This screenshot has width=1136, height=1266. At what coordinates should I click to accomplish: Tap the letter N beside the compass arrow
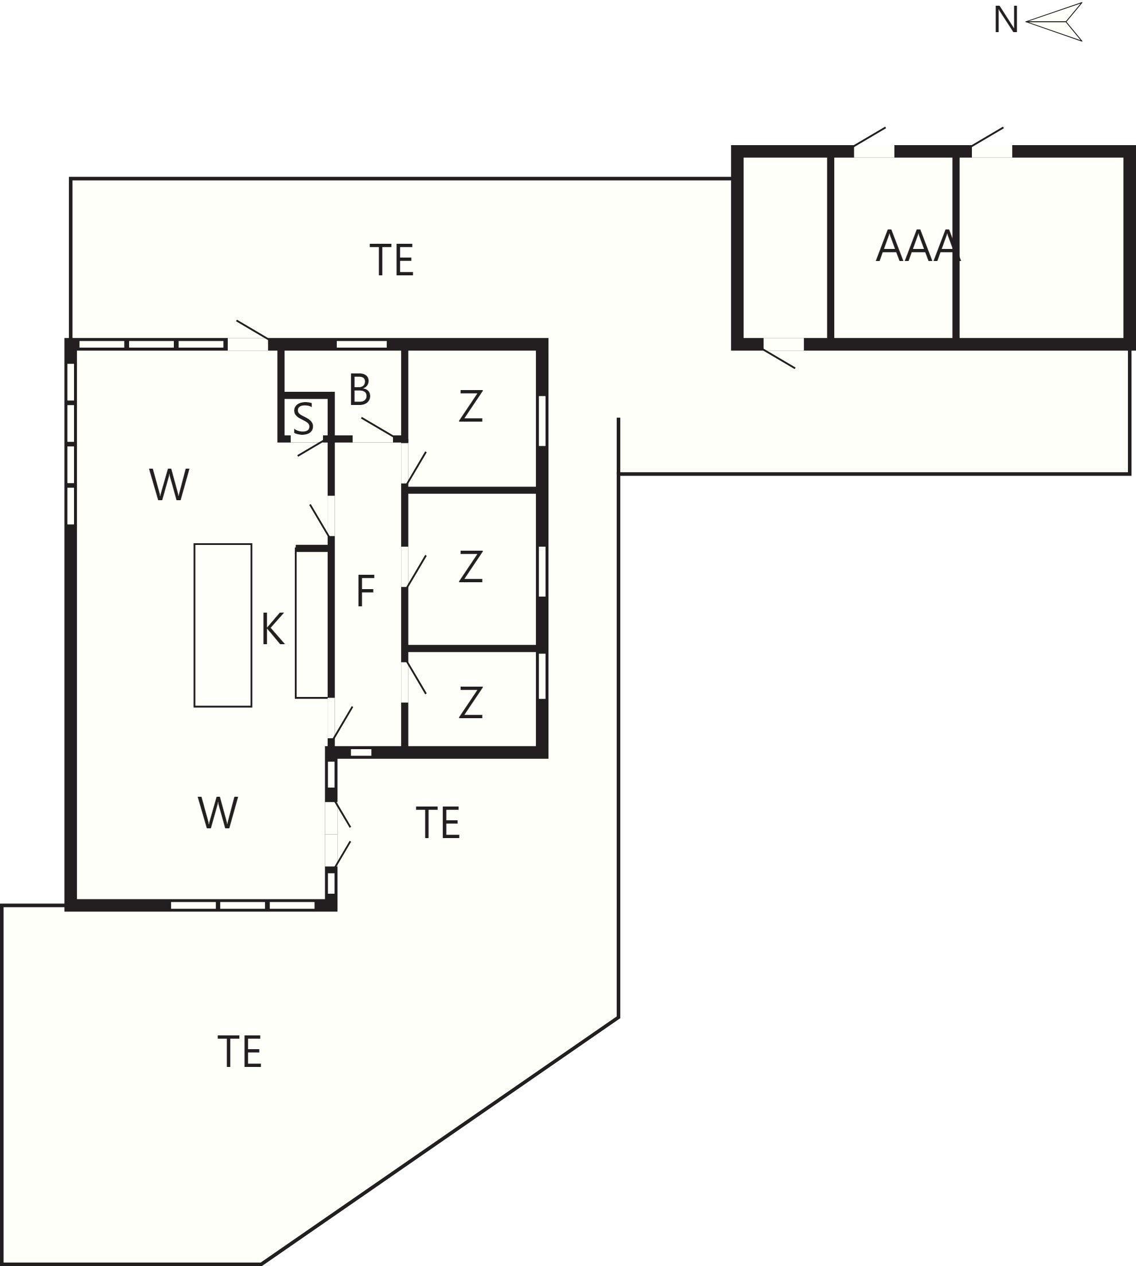(x=1006, y=21)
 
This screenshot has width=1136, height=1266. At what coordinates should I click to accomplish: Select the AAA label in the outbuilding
(x=918, y=246)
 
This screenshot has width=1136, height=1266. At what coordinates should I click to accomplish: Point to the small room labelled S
(x=304, y=419)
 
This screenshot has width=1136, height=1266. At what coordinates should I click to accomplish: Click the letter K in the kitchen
(x=273, y=628)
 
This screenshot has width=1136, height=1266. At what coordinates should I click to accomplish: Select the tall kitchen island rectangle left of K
(x=223, y=625)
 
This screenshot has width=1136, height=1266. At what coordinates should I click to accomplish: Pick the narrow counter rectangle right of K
(x=312, y=624)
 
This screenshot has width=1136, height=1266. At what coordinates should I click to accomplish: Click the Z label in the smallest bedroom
(x=470, y=703)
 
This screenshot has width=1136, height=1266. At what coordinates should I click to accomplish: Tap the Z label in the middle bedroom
(x=470, y=567)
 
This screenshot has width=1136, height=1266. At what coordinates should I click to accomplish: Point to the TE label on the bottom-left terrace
(x=240, y=1051)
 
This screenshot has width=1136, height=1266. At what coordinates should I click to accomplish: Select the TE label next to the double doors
(x=438, y=823)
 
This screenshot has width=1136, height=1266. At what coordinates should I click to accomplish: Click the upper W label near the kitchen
(x=169, y=484)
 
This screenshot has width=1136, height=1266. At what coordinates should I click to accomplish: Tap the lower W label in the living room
(x=218, y=812)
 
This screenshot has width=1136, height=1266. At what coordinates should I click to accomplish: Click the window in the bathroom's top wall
(x=362, y=344)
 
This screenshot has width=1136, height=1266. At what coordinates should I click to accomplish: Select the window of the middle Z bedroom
(x=542, y=571)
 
